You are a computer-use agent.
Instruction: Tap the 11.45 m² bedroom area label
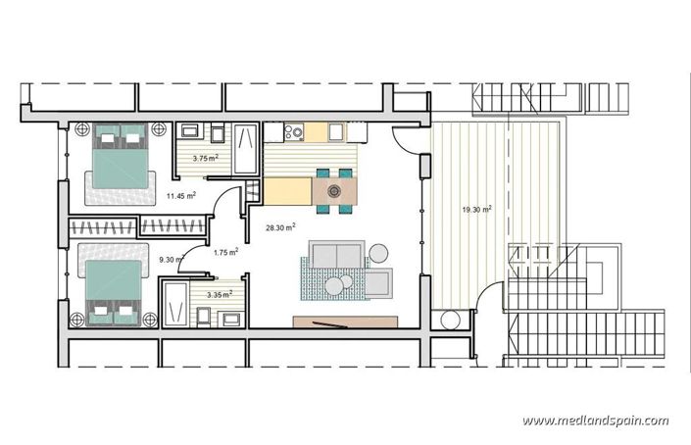[180, 196]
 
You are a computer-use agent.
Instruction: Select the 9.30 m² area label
[173, 260]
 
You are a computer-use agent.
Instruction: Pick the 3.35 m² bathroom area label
[221, 293]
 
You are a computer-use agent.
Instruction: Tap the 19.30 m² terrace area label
[476, 209]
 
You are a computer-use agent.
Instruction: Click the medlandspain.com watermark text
[595, 420]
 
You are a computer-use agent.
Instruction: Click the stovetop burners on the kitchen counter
[293, 131]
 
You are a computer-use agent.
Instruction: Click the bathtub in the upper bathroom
[245, 144]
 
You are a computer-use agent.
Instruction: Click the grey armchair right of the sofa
[380, 282]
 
